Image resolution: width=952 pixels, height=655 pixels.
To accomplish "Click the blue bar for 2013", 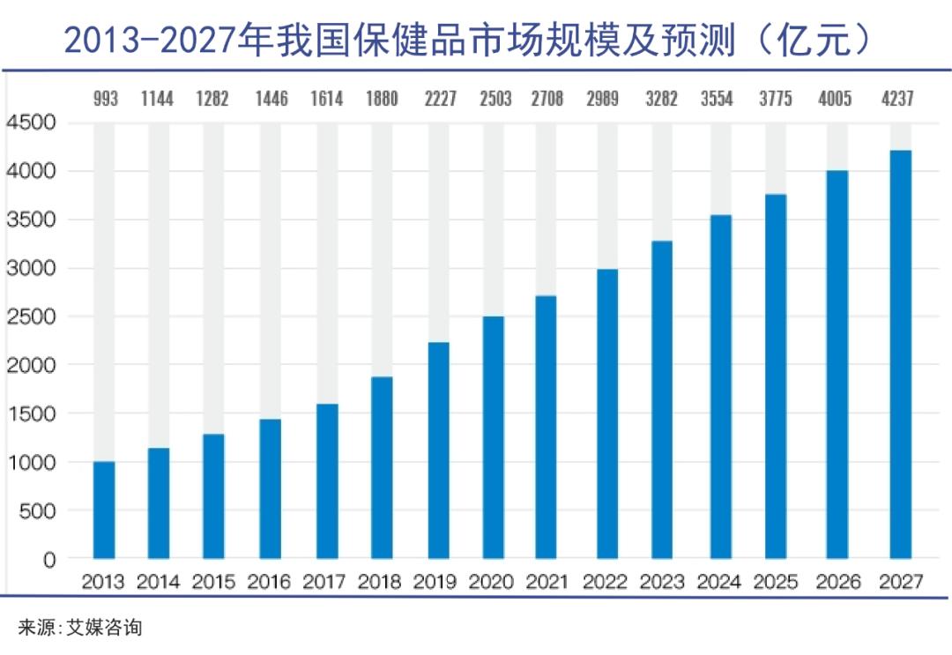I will tap(104, 510).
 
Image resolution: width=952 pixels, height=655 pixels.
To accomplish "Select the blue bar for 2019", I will tap(438, 450).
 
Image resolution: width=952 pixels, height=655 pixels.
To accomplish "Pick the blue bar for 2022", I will tap(607, 413).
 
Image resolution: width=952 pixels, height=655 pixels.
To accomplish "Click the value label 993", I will tap(105, 99).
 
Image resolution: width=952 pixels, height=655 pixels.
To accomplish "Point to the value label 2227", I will tap(438, 99).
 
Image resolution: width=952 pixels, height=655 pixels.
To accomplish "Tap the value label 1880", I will tap(382, 99).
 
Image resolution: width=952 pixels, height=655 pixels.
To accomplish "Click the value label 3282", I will tap(661, 99).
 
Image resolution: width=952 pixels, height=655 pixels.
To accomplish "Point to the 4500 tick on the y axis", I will tap(31, 123).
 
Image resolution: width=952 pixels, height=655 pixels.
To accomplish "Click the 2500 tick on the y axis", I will tap(31, 316).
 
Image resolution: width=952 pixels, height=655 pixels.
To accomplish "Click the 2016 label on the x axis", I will tap(269, 582).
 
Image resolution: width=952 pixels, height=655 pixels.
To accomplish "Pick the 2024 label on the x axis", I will tap(718, 582).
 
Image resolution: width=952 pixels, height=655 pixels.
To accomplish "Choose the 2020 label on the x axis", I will tap(492, 582).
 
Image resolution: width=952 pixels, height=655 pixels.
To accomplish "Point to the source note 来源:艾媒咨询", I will tap(80, 628).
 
